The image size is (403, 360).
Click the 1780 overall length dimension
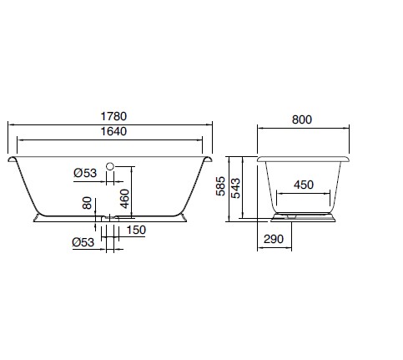click(x=113, y=116)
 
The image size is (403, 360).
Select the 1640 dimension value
click(x=113, y=131)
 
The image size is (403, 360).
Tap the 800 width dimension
click(x=302, y=119)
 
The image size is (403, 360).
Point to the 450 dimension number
click(x=304, y=185)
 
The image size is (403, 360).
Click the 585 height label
click(x=220, y=186)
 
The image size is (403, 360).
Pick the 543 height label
click(x=235, y=189)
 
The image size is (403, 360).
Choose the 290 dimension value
click(x=274, y=239)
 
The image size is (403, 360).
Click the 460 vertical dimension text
click(x=125, y=199)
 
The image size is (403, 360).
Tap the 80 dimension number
click(x=87, y=203)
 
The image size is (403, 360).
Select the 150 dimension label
click(x=136, y=230)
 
